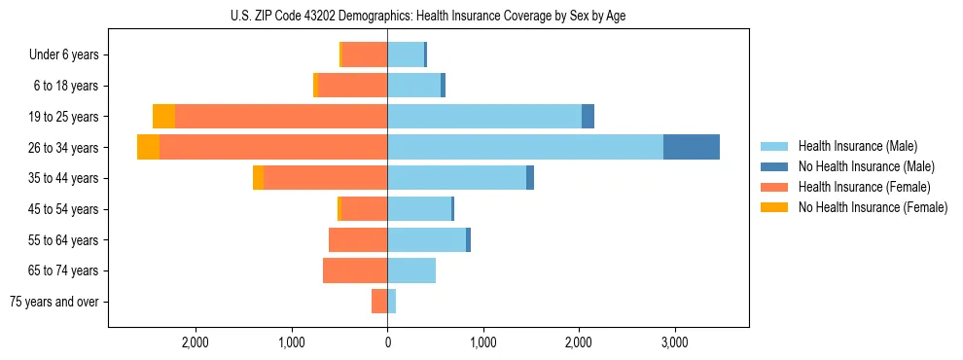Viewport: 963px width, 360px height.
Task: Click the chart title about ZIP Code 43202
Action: click(428, 17)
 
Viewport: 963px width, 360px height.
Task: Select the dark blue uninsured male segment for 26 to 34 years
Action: click(691, 147)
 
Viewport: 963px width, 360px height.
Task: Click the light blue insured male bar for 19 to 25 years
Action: click(483, 117)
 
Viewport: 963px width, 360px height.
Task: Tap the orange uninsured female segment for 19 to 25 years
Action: click(163, 117)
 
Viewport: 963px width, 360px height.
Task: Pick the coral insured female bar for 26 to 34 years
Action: click(272, 147)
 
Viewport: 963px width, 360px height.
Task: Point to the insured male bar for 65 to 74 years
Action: click(411, 270)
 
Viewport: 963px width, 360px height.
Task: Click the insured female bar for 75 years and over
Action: click(379, 302)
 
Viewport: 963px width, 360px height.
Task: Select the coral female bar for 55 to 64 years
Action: click(358, 239)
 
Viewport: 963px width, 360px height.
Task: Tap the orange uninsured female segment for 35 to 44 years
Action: click(258, 178)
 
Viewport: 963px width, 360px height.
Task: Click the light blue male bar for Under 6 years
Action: click(405, 54)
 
